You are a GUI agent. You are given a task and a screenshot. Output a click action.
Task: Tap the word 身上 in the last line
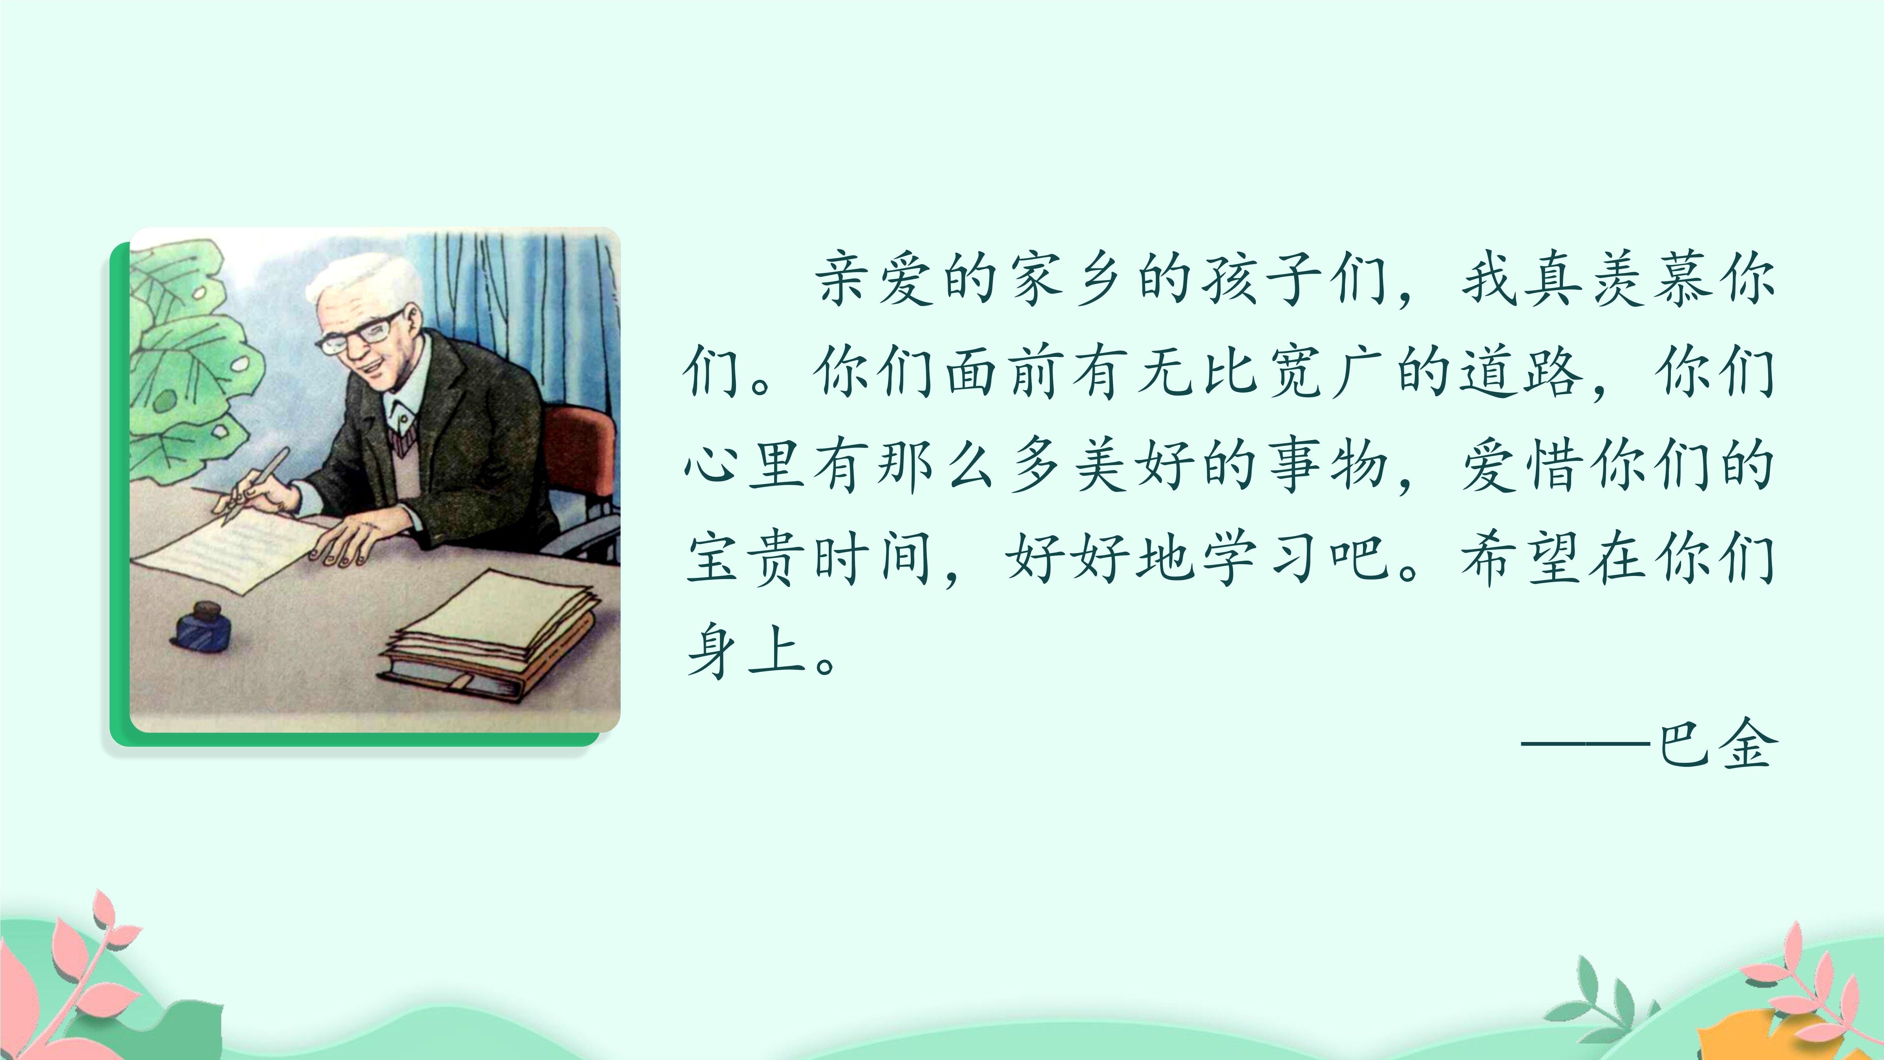(746, 651)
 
